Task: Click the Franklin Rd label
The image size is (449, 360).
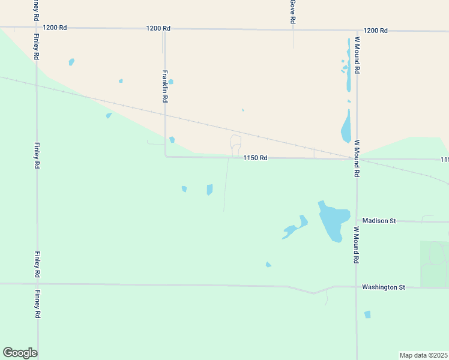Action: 165,87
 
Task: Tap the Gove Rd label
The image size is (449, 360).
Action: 292,11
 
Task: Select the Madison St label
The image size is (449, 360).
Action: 379,221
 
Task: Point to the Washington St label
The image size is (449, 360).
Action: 384,287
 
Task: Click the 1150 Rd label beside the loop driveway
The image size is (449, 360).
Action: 255,158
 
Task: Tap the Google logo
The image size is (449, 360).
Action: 20,353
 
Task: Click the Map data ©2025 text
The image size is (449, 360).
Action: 423,355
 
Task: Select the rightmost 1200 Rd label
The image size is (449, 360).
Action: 376,31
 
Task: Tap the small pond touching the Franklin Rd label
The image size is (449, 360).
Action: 171,82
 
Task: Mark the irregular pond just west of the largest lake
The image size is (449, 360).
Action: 295,227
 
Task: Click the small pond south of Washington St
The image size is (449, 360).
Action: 367,314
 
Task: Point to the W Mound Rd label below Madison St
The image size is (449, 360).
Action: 356,245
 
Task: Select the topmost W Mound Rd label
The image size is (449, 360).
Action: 357,55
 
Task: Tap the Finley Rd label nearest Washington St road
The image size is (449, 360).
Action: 37,264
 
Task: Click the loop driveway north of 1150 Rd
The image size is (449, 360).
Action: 235,144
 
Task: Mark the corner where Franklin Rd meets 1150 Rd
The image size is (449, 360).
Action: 166,157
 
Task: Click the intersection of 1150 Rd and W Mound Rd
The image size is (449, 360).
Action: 357,159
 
